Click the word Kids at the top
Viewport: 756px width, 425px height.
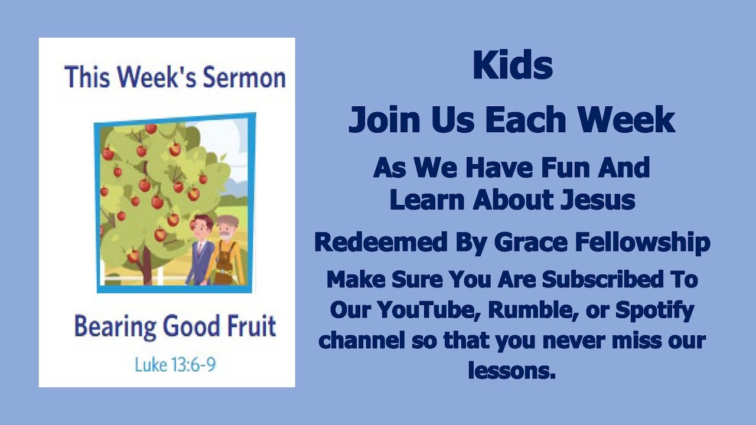512,66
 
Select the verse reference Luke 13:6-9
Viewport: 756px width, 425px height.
175,364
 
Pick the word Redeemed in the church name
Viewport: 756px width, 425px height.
372,242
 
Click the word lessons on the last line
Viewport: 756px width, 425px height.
511,371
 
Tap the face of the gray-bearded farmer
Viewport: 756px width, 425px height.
226,227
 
